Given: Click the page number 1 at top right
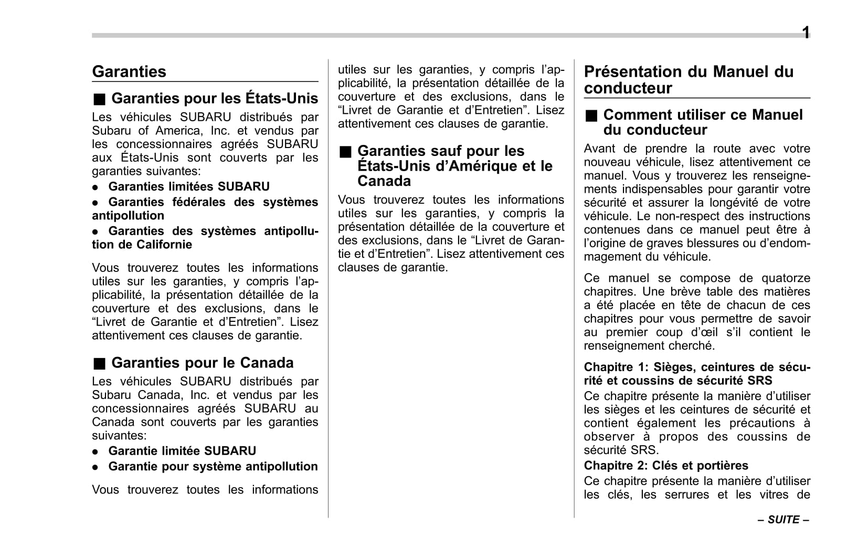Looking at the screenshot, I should [x=806, y=33].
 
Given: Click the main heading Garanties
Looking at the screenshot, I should [x=129, y=71].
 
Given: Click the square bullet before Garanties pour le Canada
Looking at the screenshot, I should [x=100, y=363].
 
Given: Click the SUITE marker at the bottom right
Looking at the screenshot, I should [x=784, y=520].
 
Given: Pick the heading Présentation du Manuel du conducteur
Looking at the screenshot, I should [x=689, y=79].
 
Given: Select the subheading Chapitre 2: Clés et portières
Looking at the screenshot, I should [x=666, y=465].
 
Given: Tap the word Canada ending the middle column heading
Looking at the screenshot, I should [x=384, y=181].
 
